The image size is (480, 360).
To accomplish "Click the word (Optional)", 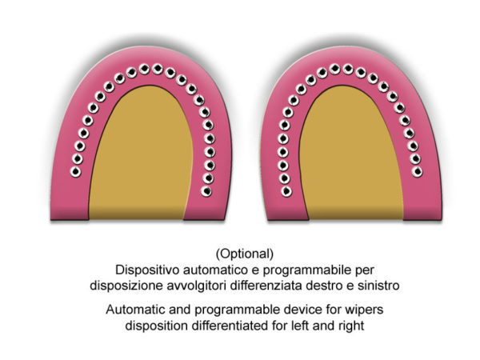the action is (x=245, y=254).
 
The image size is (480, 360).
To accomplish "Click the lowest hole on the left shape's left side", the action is (x=75, y=172).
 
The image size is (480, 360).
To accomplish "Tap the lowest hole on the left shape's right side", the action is (x=206, y=191).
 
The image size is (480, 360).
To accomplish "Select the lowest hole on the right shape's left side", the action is (x=286, y=191).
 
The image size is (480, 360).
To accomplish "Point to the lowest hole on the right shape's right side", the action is (x=417, y=172).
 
